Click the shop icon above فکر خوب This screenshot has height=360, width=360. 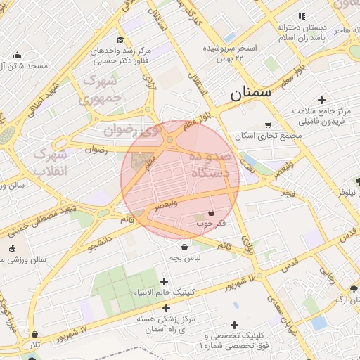click(212, 212)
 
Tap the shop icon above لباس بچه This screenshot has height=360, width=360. click(185, 247)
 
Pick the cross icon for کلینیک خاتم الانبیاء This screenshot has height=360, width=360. click(165, 281)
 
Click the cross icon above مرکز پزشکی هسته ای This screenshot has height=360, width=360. click(167, 308)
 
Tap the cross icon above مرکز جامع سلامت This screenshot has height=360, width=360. click(322, 100)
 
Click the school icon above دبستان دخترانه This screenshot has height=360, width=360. click(302, 16)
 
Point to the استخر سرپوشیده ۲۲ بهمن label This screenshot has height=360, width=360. click(229, 53)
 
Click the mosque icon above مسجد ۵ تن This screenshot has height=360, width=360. click(17, 55)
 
